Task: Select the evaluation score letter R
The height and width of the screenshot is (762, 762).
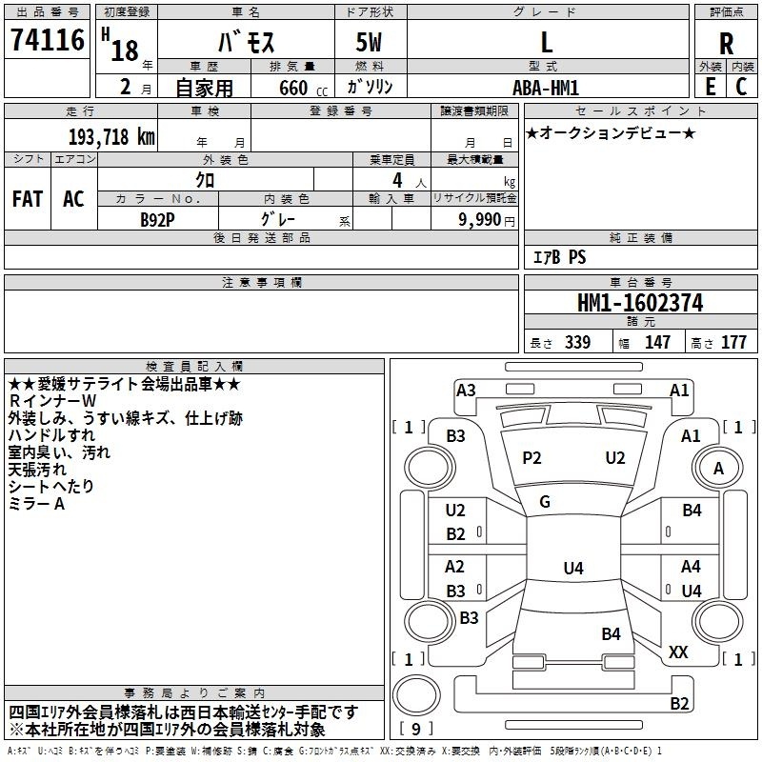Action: [726, 42]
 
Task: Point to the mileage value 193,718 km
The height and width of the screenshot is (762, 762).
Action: [111, 136]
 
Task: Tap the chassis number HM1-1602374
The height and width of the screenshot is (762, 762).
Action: [640, 304]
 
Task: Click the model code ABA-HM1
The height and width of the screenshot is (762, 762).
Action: [546, 86]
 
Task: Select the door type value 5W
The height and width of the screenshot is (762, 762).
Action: [371, 42]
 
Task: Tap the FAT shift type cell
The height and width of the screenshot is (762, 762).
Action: [28, 199]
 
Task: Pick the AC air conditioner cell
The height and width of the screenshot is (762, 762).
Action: [73, 199]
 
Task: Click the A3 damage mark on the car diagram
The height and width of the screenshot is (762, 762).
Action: [466, 390]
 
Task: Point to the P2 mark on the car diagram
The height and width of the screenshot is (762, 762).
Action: [531, 458]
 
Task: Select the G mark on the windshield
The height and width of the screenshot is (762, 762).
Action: [544, 502]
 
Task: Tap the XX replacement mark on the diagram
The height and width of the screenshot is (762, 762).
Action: [678, 652]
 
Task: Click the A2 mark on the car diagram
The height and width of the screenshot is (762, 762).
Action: [456, 566]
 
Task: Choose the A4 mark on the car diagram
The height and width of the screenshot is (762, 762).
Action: [691, 566]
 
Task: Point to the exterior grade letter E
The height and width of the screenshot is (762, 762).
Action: [710, 86]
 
